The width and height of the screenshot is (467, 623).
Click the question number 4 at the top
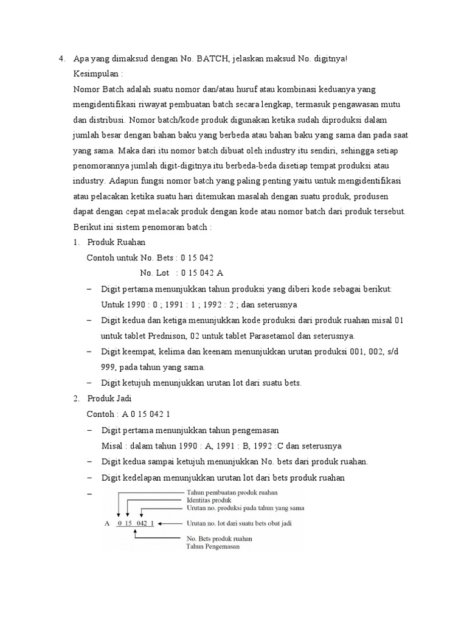pyautogui.click(x=61, y=59)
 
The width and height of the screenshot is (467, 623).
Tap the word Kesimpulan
pyautogui.click(x=96, y=74)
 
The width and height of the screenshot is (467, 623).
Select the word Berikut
pyautogui.click(x=87, y=226)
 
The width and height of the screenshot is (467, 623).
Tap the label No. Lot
pyautogui.click(x=154, y=272)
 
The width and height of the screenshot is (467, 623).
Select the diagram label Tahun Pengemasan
pyautogui.click(x=212, y=546)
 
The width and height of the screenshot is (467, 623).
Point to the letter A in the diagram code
pyautogui.click(x=107, y=522)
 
